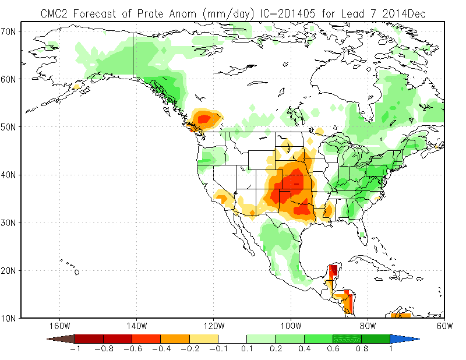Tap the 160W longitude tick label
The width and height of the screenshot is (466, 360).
(59, 326)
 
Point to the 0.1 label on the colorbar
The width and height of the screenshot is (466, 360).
(247, 349)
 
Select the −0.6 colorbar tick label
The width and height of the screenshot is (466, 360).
(132, 349)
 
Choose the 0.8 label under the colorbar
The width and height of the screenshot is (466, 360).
(361, 349)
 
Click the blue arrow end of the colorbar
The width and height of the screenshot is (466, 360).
(404, 338)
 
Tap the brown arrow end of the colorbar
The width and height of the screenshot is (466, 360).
(61, 338)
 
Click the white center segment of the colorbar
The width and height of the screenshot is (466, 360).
(232, 338)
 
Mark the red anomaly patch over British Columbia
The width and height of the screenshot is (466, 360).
(204, 119)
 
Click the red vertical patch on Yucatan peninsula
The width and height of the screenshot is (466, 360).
(333, 271)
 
